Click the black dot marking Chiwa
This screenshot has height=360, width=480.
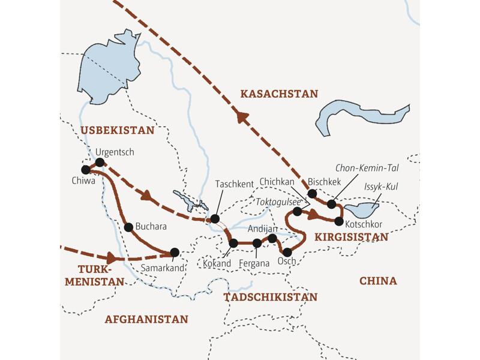pos(86,169)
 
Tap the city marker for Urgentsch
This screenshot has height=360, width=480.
pos(100,162)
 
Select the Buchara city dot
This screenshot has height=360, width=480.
pos(128,227)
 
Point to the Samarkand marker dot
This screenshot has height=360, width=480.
pos(175,252)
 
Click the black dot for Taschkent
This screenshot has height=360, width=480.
pos(214,218)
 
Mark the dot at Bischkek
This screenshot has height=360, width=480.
pos(312,193)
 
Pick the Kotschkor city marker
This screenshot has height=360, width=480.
pos(339,221)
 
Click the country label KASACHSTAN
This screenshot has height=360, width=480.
pos(278,94)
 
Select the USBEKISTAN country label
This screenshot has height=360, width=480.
pos(117,130)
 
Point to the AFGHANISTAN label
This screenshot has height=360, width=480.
pos(146,319)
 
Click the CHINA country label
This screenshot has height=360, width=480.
pos(378,281)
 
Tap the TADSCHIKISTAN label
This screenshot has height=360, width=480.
pos(270,297)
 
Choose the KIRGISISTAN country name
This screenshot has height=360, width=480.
pos(349,237)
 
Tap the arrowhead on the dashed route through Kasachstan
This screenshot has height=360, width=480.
pos(241,117)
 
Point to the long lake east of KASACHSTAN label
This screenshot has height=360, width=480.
pos(360,114)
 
